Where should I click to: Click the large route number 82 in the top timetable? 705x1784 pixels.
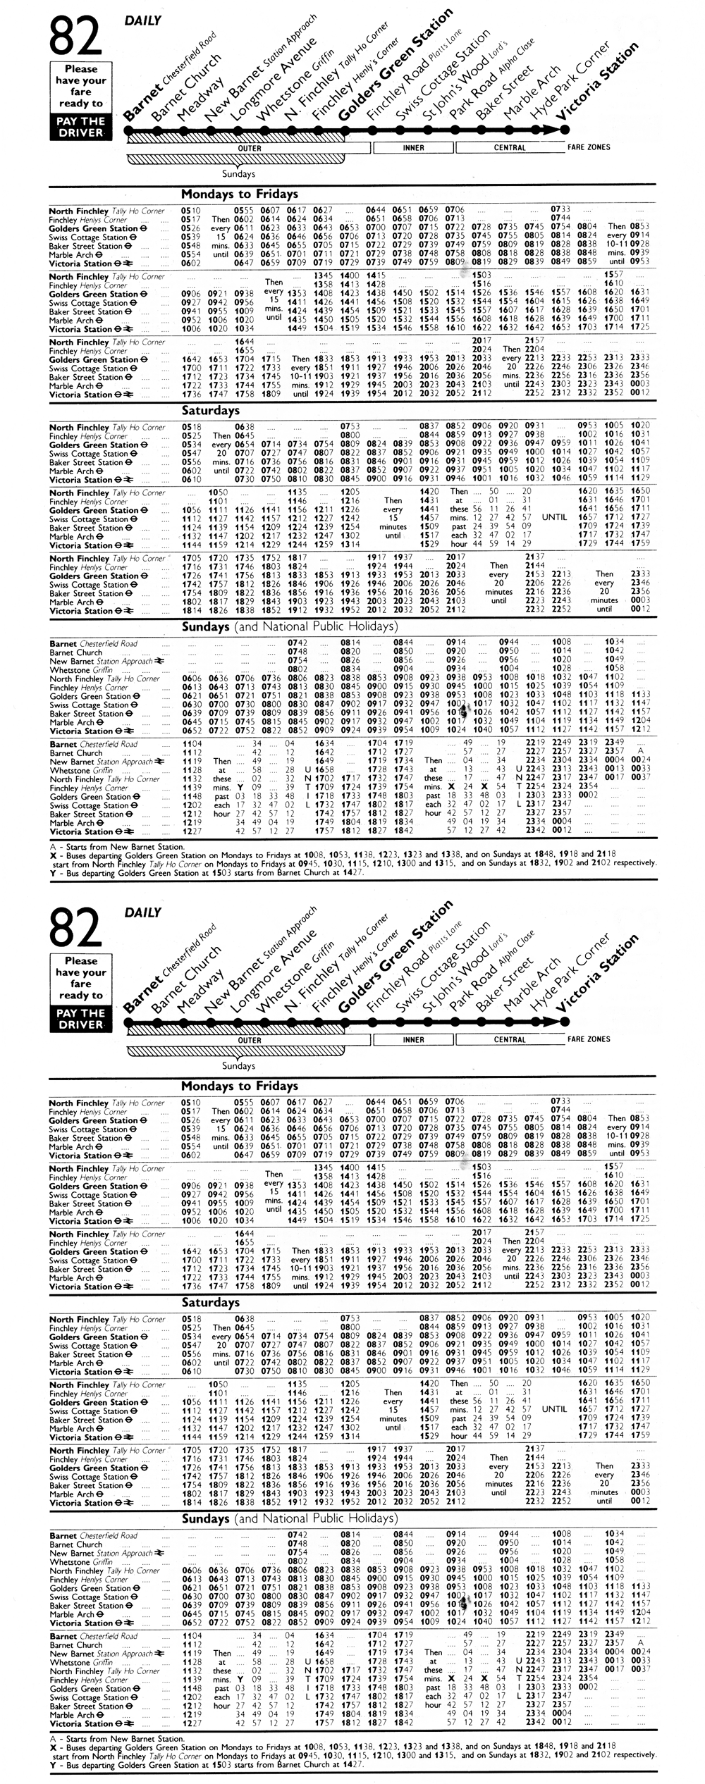pyautogui.click(x=75, y=36)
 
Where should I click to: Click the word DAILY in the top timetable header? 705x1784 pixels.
pyautogui.click(x=143, y=20)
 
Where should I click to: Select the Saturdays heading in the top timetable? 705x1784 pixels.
pyautogui.click(x=211, y=410)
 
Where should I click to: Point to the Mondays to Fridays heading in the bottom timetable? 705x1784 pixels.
pyautogui.click(x=240, y=1086)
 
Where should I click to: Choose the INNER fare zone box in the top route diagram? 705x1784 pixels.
pyautogui.click(x=413, y=148)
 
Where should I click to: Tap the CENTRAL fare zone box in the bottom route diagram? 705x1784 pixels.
pyautogui.click(x=509, y=1039)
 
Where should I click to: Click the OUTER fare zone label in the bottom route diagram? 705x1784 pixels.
pyautogui.click(x=250, y=1039)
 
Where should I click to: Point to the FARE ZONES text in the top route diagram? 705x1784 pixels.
pyautogui.click(x=589, y=147)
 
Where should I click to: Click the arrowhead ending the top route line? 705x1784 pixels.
pyautogui.click(x=562, y=130)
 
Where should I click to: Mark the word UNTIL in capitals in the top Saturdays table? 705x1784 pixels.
pyautogui.click(x=554, y=517)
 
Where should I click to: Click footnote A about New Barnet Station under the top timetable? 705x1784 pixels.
pyautogui.click(x=117, y=846)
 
